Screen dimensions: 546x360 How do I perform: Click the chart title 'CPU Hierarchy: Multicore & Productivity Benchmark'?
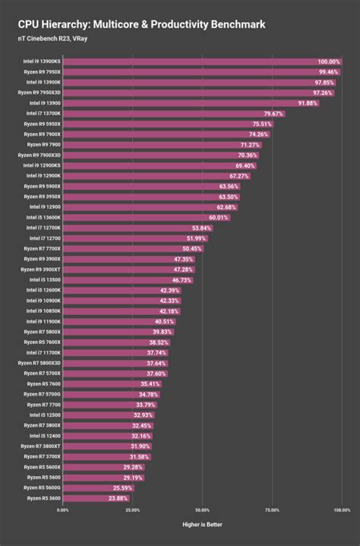(142, 24)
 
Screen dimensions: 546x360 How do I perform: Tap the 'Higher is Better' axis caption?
(201, 524)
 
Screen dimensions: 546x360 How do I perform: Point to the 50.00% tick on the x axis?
(202, 510)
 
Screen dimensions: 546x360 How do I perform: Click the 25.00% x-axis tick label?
(131, 510)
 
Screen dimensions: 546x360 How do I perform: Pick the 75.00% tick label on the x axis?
(272, 510)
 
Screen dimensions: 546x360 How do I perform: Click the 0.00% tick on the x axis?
(62, 510)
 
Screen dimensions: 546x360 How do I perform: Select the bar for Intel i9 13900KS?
(202, 61)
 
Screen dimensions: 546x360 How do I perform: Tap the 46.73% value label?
(182, 279)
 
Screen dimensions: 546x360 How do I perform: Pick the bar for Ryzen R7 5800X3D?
(115, 363)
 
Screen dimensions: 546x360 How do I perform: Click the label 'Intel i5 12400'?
(44, 436)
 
